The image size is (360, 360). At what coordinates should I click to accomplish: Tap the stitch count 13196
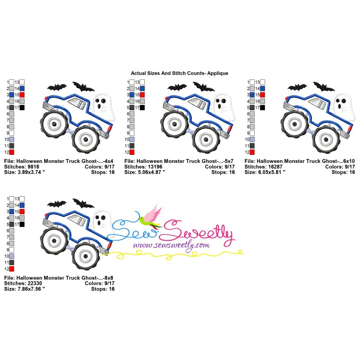click(x=155, y=166)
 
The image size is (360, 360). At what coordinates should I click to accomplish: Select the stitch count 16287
click(x=275, y=166)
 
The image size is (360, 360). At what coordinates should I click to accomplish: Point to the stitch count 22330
click(x=35, y=283)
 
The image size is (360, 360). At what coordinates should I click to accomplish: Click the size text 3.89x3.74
click(x=29, y=172)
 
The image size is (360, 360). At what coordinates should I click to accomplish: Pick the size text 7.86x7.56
click(x=29, y=289)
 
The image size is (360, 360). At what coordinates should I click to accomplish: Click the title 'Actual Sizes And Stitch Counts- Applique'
click(x=180, y=73)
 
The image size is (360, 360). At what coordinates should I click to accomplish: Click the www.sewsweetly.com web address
click(x=172, y=245)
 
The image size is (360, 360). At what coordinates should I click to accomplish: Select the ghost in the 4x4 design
click(x=104, y=106)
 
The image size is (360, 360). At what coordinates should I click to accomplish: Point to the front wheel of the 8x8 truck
click(x=85, y=256)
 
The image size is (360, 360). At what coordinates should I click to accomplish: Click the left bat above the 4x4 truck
click(x=57, y=87)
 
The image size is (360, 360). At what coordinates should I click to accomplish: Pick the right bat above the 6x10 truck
click(x=324, y=86)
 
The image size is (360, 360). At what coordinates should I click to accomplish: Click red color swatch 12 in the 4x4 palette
click(x=12, y=152)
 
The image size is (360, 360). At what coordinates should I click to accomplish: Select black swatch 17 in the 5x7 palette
click(x=142, y=108)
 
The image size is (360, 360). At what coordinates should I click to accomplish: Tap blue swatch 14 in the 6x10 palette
click(x=262, y=88)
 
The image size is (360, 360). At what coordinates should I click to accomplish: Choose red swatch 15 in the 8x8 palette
click(x=22, y=211)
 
